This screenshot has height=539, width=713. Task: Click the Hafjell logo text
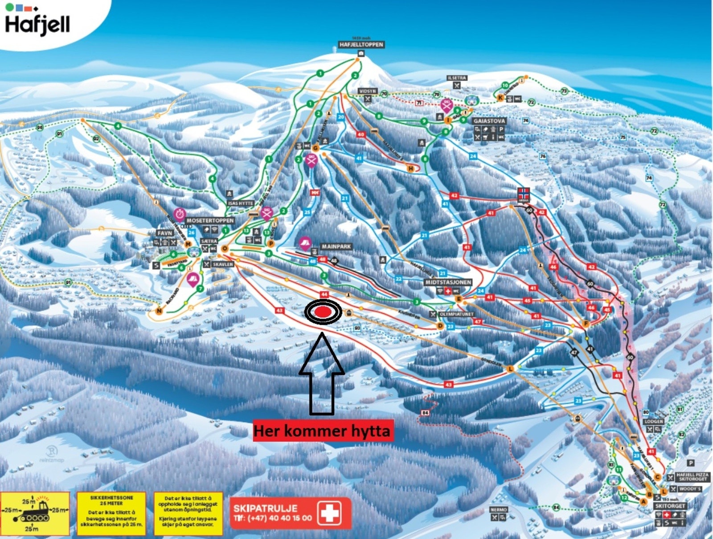(x=37, y=24)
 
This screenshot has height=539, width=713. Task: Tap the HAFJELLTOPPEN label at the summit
(x=361, y=45)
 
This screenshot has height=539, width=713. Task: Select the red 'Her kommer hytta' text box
(x=323, y=431)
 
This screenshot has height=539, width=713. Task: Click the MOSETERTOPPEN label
(x=210, y=220)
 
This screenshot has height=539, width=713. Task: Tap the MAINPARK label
(x=336, y=246)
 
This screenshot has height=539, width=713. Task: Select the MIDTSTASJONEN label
(x=448, y=282)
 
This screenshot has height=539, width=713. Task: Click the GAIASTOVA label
(x=489, y=121)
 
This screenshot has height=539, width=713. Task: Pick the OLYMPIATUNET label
(x=457, y=314)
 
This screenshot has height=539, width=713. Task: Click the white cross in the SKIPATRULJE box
(x=329, y=512)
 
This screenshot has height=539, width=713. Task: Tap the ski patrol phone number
(x=273, y=518)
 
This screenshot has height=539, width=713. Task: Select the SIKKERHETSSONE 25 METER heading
(x=111, y=500)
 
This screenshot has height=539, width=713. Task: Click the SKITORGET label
(x=670, y=506)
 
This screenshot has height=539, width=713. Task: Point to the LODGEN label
(x=654, y=421)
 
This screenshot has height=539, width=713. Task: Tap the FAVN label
(x=164, y=233)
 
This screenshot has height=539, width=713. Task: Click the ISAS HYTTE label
(x=241, y=203)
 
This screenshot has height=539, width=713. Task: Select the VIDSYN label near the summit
(x=368, y=91)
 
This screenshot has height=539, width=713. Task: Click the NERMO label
(x=499, y=510)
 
